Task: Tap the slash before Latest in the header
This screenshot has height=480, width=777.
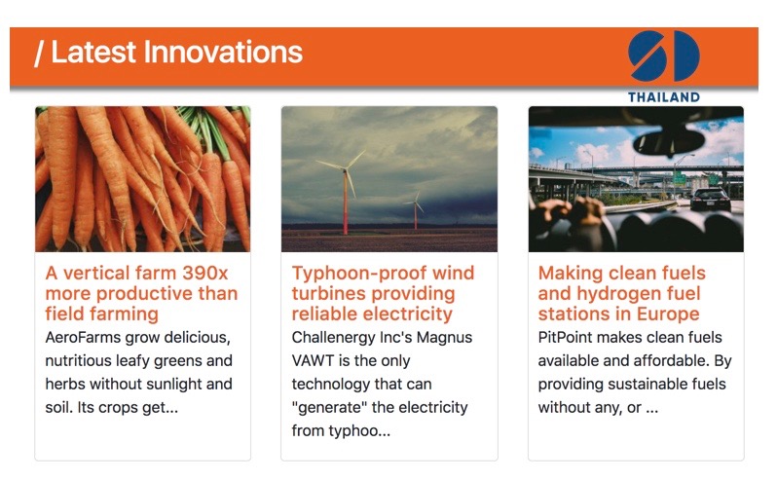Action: [39, 54]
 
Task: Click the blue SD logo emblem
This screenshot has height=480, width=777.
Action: [663, 55]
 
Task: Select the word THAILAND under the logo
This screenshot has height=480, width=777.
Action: [663, 97]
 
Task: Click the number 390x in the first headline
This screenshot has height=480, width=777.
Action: [204, 273]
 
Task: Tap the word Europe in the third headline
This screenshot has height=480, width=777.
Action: [668, 314]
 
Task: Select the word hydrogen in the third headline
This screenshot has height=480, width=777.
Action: [617, 294]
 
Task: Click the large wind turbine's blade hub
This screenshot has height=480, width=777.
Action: [346, 169]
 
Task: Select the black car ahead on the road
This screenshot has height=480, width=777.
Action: [711, 199]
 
